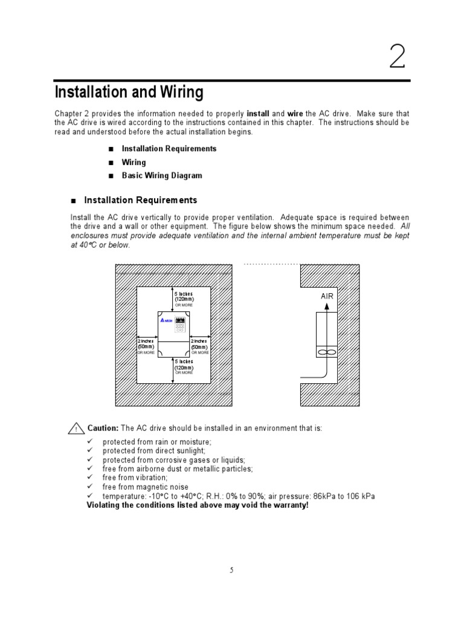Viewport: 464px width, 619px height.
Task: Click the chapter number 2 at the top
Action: pyautogui.click(x=396, y=58)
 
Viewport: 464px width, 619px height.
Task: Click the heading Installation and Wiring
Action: pyautogui.click(x=129, y=92)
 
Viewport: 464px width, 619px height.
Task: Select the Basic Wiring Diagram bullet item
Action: pyautogui.click(x=161, y=176)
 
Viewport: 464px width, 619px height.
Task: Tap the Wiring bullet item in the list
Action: pyautogui.click(x=134, y=162)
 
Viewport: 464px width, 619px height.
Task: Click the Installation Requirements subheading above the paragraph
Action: pyautogui.click(x=140, y=200)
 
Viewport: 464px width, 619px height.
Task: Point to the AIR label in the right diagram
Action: pyautogui.click(x=327, y=297)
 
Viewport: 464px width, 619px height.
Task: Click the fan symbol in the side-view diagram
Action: pyautogui.click(x=326, y=351)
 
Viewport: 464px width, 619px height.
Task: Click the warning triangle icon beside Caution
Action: pyautogui.click(x=76, y=429)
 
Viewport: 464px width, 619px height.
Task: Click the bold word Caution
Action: pyautogui.click(x=103, y=428)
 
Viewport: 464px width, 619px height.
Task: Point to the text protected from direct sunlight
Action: pyautogui.click(x=153, y=450)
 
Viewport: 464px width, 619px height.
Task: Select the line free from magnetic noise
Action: pyautogui.click(x=145, y=487)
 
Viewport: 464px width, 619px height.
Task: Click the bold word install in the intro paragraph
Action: pyautogui.click(x=258, y=114)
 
